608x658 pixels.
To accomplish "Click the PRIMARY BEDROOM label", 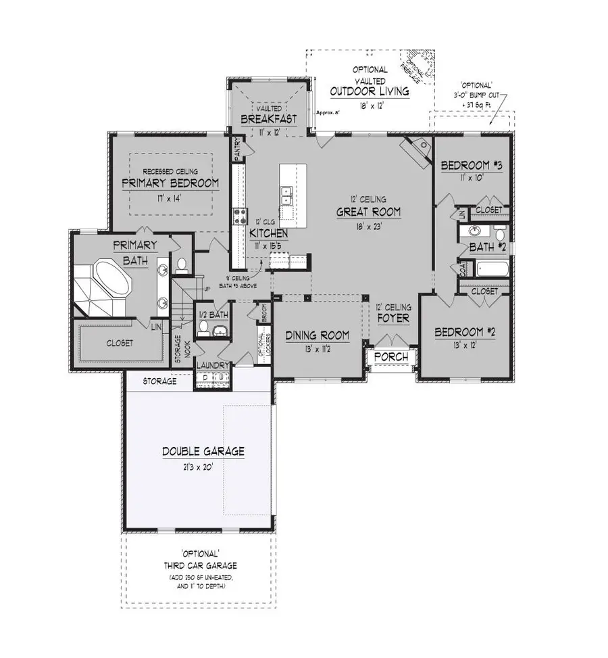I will [x=170, y=183].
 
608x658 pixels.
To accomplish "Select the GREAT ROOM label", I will [x=369, y=212].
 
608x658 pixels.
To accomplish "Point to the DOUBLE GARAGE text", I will [x=203, y=451].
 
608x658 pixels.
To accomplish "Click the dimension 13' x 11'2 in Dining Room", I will [x=317, y=349].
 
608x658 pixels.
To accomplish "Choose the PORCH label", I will [x=391, y=356].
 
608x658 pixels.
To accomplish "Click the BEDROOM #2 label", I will [x=465, y=332].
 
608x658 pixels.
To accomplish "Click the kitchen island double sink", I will [x=286, y=194].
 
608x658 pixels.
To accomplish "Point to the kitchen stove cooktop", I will [x=240, y=216].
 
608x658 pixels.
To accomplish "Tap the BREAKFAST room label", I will [x=269, y=119].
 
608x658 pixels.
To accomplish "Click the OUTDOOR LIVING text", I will [x=369, y=91].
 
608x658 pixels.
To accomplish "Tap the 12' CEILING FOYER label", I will [x=394, y=313].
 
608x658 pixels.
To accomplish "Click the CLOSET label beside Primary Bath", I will [x=119, y=343].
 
